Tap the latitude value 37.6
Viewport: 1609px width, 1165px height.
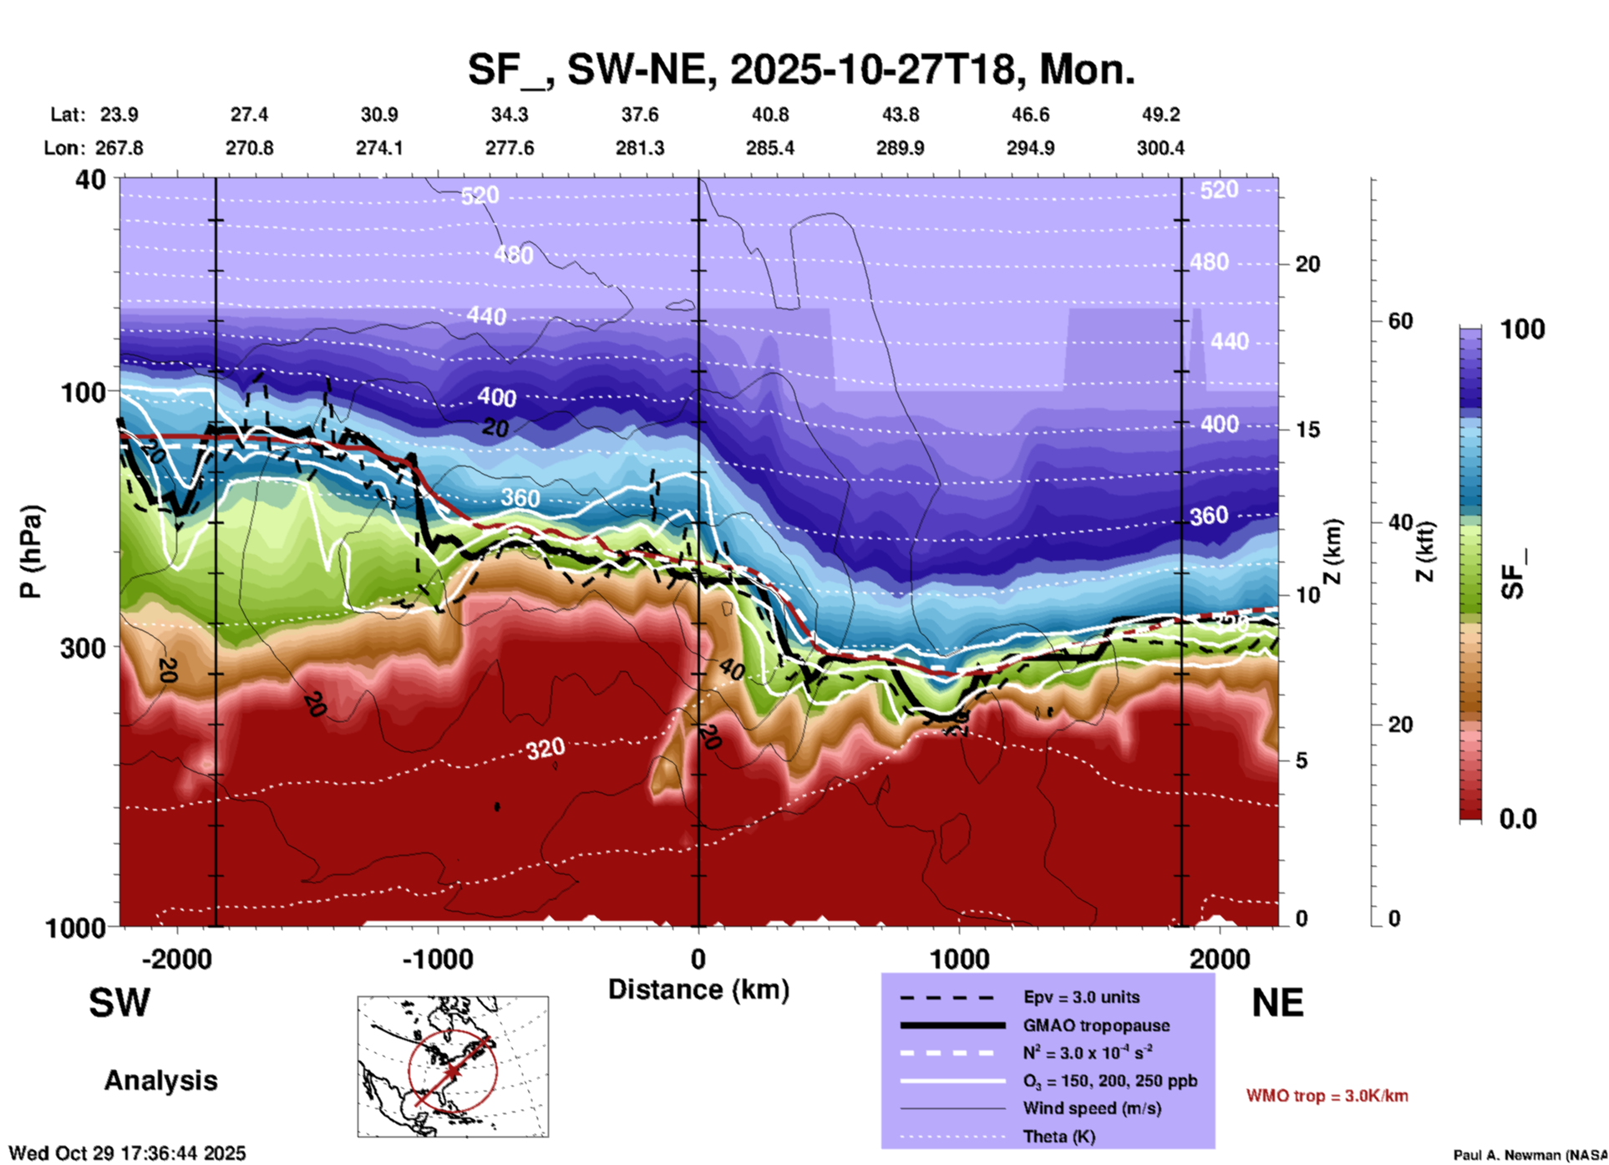tap(640, 114)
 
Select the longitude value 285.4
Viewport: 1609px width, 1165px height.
tap(769, 148)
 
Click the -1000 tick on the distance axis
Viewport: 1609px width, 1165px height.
tap(438, 959)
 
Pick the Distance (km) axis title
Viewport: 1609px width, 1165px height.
tap(698, 989)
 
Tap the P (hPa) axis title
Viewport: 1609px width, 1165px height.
tap(31, 552)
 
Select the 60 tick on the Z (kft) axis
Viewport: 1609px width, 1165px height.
tap(1400, 321)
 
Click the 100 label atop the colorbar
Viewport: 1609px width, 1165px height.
tap(1522, 329)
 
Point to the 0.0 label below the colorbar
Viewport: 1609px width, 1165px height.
tap(1518, 819)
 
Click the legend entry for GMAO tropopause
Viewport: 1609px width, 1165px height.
tap(1096, 1025)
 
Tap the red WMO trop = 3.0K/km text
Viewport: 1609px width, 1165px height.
tap(1327, 1096)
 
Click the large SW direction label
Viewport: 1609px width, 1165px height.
tap(119, 1003)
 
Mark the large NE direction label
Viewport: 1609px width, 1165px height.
tap(1277, 1003)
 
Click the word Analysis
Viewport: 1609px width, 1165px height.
tap(160, 1081)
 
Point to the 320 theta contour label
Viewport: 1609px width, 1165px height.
tap(546, 749)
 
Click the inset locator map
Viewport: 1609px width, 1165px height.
tap(453, 1066)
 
